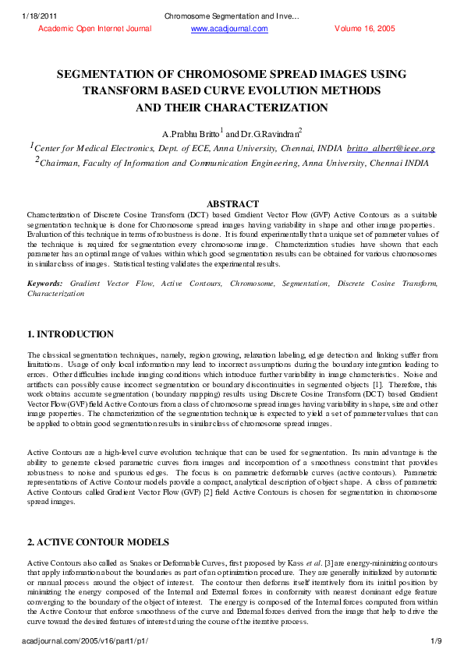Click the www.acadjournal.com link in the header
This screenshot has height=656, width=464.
229,29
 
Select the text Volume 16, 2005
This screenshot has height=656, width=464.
366,29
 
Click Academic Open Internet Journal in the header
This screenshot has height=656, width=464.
94,29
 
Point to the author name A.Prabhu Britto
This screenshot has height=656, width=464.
189,133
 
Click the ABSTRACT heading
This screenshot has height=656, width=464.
232,203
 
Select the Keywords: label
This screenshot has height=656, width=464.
45,284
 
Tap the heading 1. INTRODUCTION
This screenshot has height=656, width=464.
70,334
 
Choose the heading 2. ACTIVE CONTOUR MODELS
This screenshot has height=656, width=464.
97,541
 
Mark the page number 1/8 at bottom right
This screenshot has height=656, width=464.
437,640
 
